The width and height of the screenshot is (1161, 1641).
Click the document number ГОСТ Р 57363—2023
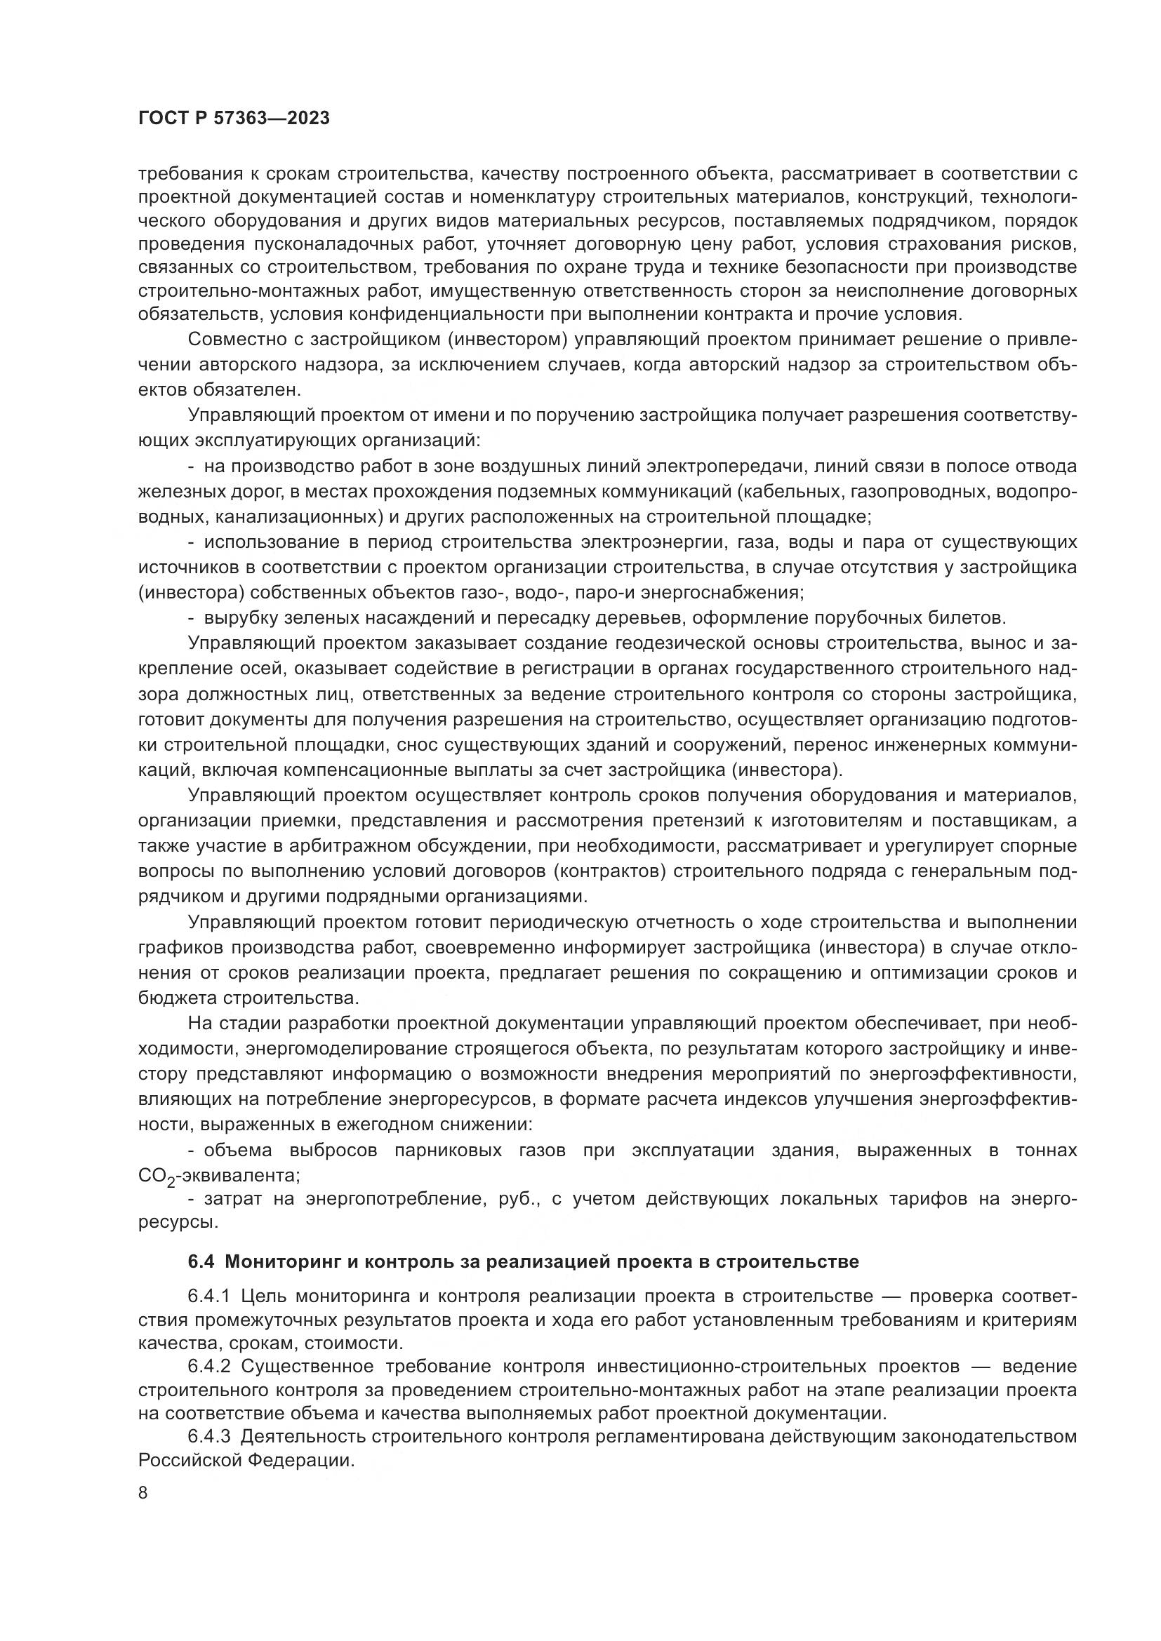point(234,119)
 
